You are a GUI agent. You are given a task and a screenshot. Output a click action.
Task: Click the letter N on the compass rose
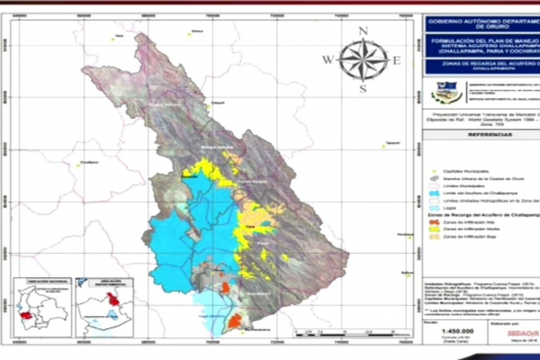363,31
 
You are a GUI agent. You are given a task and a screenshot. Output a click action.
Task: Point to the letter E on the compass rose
396,60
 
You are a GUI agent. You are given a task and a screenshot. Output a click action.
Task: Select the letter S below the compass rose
363,89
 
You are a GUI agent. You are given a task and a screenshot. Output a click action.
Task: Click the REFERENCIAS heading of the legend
484,135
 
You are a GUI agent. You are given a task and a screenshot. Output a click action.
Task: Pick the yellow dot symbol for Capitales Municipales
432,171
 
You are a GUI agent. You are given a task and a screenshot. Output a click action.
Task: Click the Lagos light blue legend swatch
434,208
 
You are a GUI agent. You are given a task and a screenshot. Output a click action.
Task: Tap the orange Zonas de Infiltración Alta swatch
434,222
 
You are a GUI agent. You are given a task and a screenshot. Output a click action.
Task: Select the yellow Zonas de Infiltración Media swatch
434,229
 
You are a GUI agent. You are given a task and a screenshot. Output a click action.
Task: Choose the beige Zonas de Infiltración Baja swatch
434,236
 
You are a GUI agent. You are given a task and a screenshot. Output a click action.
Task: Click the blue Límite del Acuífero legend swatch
434,193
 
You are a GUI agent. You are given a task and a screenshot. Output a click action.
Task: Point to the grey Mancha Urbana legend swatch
434,179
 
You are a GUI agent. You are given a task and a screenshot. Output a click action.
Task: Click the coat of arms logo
446,93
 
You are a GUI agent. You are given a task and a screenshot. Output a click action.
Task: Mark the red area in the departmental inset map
113,299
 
